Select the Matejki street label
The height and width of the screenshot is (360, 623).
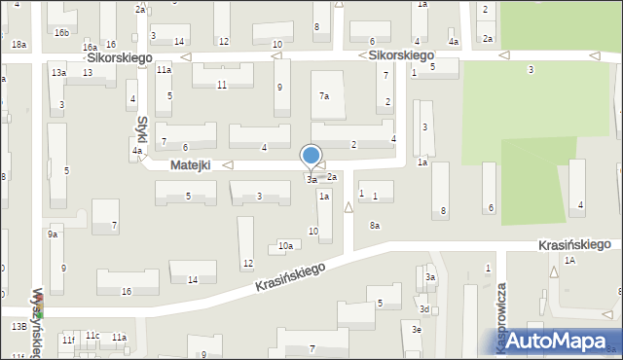point(191,166)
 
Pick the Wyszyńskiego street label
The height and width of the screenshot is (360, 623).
point(38,322)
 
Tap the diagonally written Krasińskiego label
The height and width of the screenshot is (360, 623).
point(289,276)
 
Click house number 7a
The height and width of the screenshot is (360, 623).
point(325,95)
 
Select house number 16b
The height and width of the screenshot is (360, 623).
point(62,33)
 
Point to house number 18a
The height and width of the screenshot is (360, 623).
point(18,45)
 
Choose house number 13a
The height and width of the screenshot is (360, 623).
point(59,73)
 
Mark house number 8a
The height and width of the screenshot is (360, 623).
point(374,226)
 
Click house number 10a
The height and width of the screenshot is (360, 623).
point(285,246)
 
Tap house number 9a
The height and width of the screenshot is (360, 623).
point(53,234)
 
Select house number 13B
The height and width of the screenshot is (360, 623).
point(19,327)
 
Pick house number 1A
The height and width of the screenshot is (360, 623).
point(569,261)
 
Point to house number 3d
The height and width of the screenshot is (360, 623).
point(424,309)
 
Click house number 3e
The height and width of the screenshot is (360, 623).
point(417,330)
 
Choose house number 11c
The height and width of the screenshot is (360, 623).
point(92,336)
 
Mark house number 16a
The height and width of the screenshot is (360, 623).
point(90,48)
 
